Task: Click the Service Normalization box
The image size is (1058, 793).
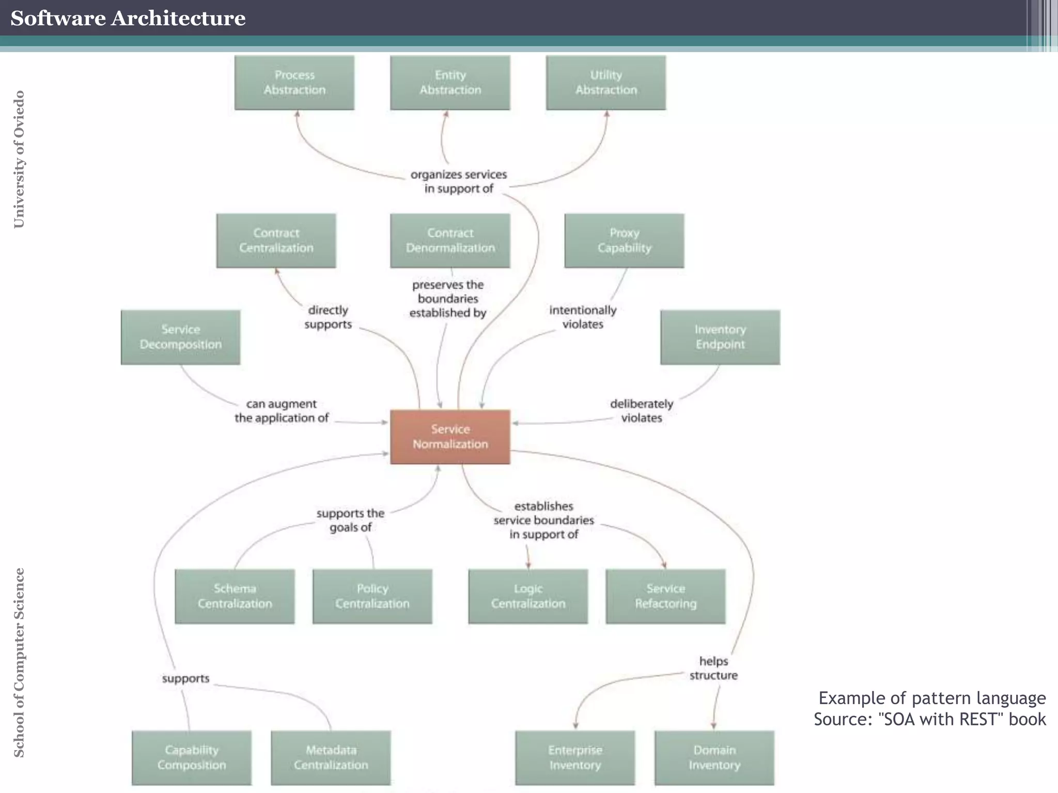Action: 450,437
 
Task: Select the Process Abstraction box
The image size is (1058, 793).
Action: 294,83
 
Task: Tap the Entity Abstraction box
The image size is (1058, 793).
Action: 450,83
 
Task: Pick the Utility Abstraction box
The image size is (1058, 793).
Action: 606,83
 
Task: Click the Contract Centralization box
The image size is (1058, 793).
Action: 276,241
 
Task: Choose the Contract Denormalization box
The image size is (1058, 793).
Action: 450,241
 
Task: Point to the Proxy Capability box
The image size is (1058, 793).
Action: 624,241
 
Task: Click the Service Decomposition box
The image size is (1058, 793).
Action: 180,337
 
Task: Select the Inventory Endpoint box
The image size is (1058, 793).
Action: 720,337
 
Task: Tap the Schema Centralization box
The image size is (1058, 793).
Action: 235,596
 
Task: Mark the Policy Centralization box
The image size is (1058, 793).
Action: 372,596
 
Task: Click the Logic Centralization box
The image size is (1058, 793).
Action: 528,596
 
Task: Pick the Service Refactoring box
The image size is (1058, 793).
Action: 665,596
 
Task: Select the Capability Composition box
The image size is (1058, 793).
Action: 192,757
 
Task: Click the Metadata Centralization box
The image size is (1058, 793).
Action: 331,757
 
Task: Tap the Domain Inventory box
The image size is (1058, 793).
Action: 714,757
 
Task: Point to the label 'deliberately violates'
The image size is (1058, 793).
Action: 641,411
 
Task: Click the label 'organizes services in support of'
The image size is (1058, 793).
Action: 459,182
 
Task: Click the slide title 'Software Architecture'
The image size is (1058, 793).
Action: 128,18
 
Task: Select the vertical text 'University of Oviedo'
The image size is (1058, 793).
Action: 19,159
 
